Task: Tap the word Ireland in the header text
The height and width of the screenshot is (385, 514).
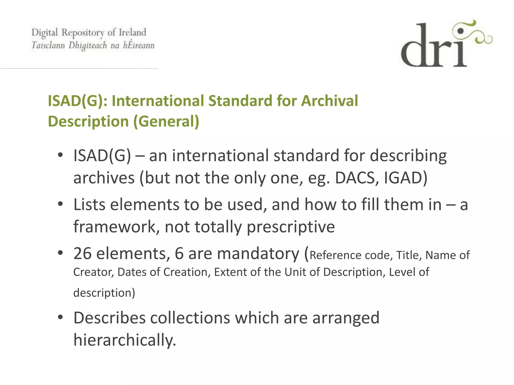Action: (x=132, y=32)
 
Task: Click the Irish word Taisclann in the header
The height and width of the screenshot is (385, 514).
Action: (x=48, y=45)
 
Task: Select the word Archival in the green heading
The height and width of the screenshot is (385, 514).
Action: (x=329, y=101)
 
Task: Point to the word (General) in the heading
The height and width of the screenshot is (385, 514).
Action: (x=166, y=122)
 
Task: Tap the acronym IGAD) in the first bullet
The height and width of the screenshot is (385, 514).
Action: (x=406, y=178)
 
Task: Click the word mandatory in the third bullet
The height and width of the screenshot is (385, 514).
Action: (x=258, y=253)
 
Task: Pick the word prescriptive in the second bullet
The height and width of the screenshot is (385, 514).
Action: (x=291, y=227)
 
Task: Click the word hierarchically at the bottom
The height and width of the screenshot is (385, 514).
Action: (x=124, y=340)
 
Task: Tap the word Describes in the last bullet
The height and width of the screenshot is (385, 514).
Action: (x=109, y=318)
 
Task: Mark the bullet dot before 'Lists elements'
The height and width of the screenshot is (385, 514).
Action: (x=60, y=204)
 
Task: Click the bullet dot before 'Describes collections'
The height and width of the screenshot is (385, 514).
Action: (x=60, y=318)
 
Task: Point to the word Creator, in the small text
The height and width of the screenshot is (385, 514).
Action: (x=93, y=272)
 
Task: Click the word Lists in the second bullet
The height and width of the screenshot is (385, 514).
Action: (x=89, y=205)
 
